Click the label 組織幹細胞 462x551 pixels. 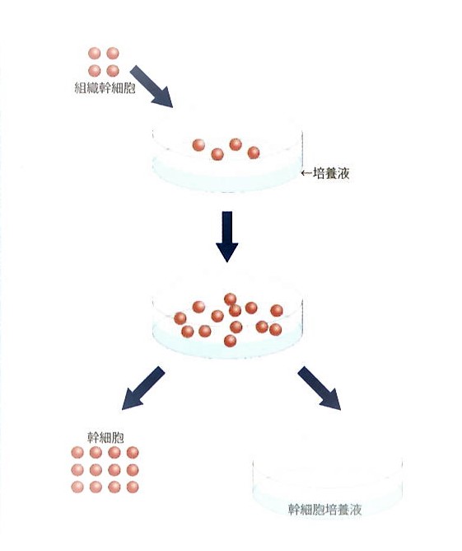pyautogui.click(x=105, y=87)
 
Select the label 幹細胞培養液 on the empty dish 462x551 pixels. pyautogui.click(x=324, y=509)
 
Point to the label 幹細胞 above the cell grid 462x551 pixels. pyautogui.click(x=105, y=437)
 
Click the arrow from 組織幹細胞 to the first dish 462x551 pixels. pyautogui.click(x=152, y=87)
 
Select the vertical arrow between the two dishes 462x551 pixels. pyautogui.click(x=227, y=237)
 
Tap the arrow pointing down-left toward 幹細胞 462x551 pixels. pyautogui.click(x=143, y=389)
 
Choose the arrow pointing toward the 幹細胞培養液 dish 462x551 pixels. pyautogui.click(x=320, y=389)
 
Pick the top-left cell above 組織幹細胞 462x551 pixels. pyautogui.click(x=95, y=54)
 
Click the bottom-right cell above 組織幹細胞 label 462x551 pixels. pyautogui.click(x=113, y=71)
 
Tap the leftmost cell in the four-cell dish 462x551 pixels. pyautogui.click(x=198, y=145)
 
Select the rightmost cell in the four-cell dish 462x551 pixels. pyautogui.click(x=254, y=153)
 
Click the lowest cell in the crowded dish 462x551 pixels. pyautogui.click(x=230, y=341)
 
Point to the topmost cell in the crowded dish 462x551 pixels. pyautogui.click(x=230, y=299)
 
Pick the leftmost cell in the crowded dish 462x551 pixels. pyautogui.click(x=180, y=318)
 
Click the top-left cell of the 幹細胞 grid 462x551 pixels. pyautogui.click(x=77, y=452)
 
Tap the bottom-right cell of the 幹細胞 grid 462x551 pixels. pyautogui.click(x=133, y=487)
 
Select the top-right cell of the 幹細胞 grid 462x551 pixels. pyautogui.click(x=133, y=452)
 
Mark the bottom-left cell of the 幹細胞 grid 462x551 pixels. pyautogui.click(x=77, y=487)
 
